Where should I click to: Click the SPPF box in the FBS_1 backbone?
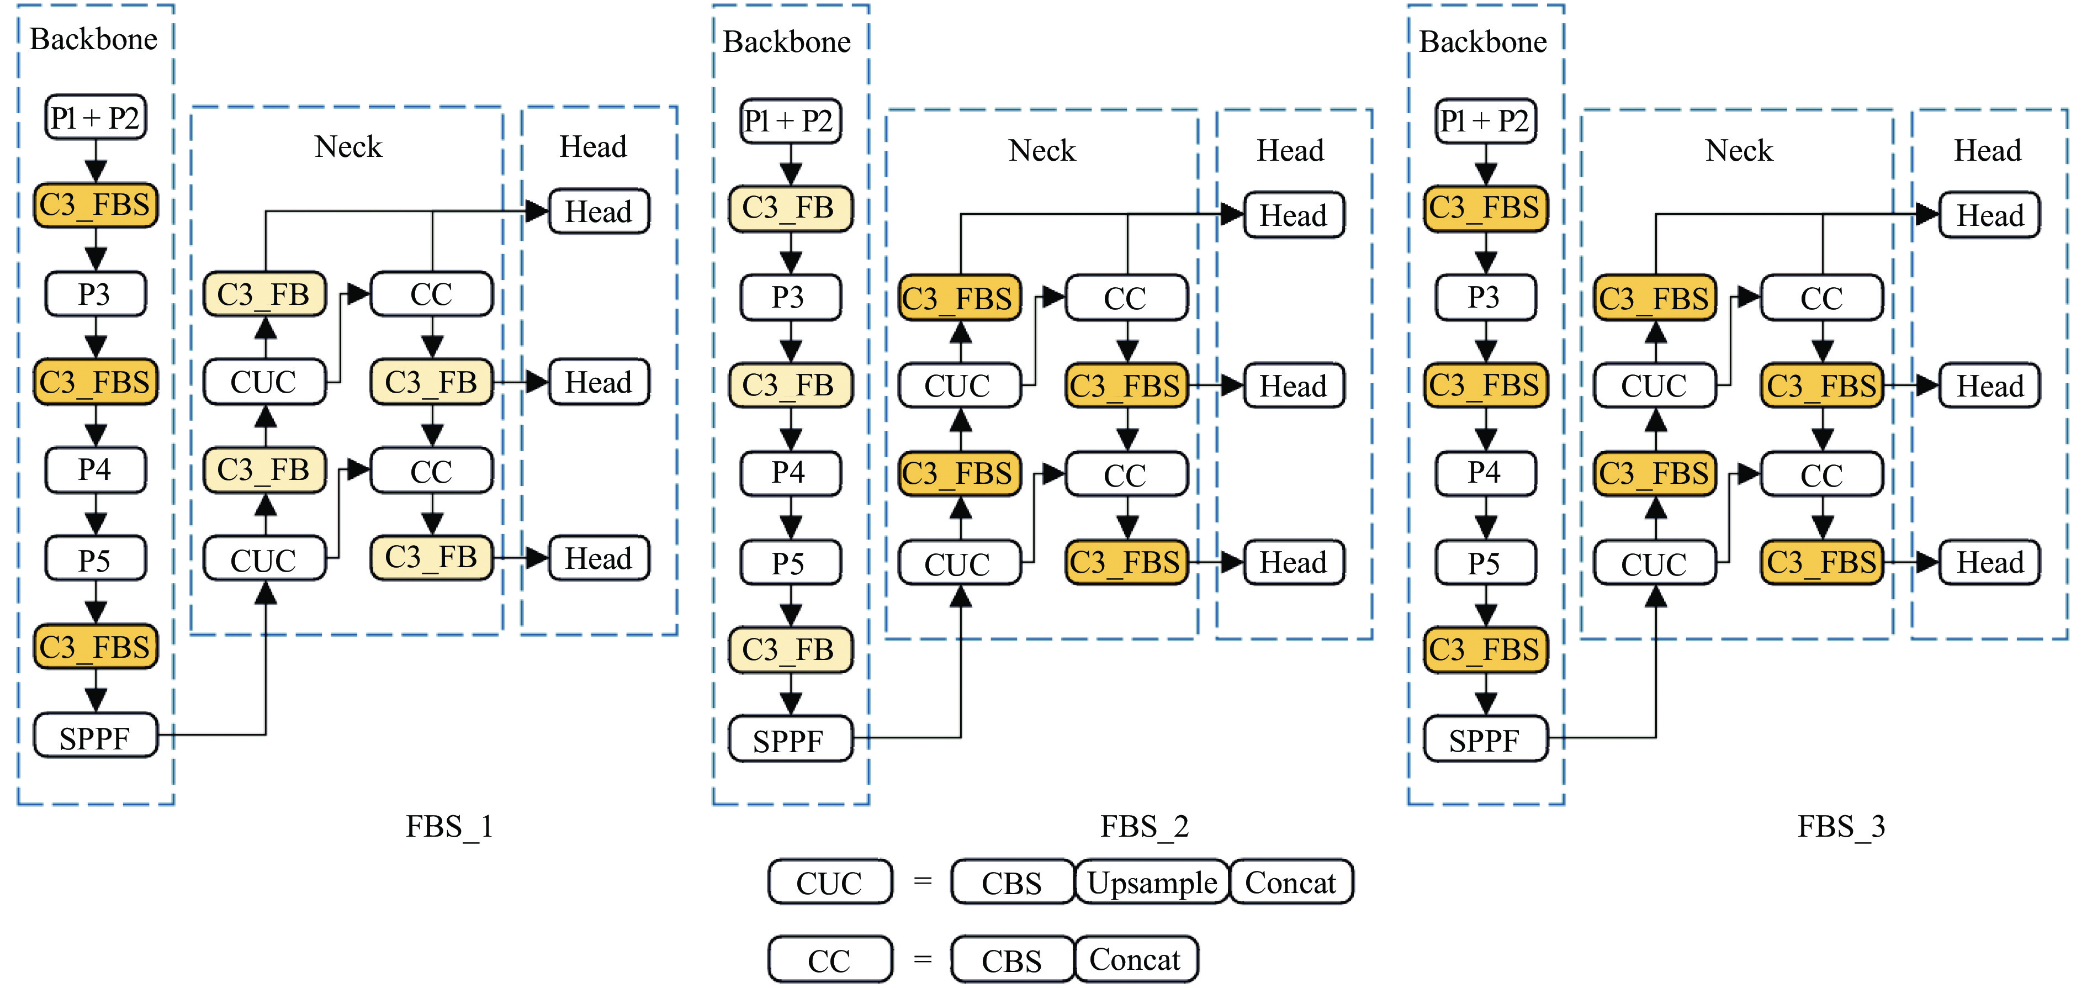pos(96,737)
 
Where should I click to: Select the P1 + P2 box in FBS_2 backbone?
pos(791,121)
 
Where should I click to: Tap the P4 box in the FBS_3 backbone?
pos(1485,472)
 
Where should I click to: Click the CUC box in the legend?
pos(830,883)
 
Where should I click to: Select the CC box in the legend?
pos(830,960)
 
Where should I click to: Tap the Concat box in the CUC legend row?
pos(1291,883)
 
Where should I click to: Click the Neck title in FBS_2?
pos(1042,151)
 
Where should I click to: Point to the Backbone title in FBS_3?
pos(1484,42)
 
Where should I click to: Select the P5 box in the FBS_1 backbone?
pos(96,560)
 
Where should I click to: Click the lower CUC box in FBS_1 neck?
pos(264,560)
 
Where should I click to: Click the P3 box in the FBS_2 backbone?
pos(791,298)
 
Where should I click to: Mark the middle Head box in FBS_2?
pos(1294,386)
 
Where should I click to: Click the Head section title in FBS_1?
pos(593,147)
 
